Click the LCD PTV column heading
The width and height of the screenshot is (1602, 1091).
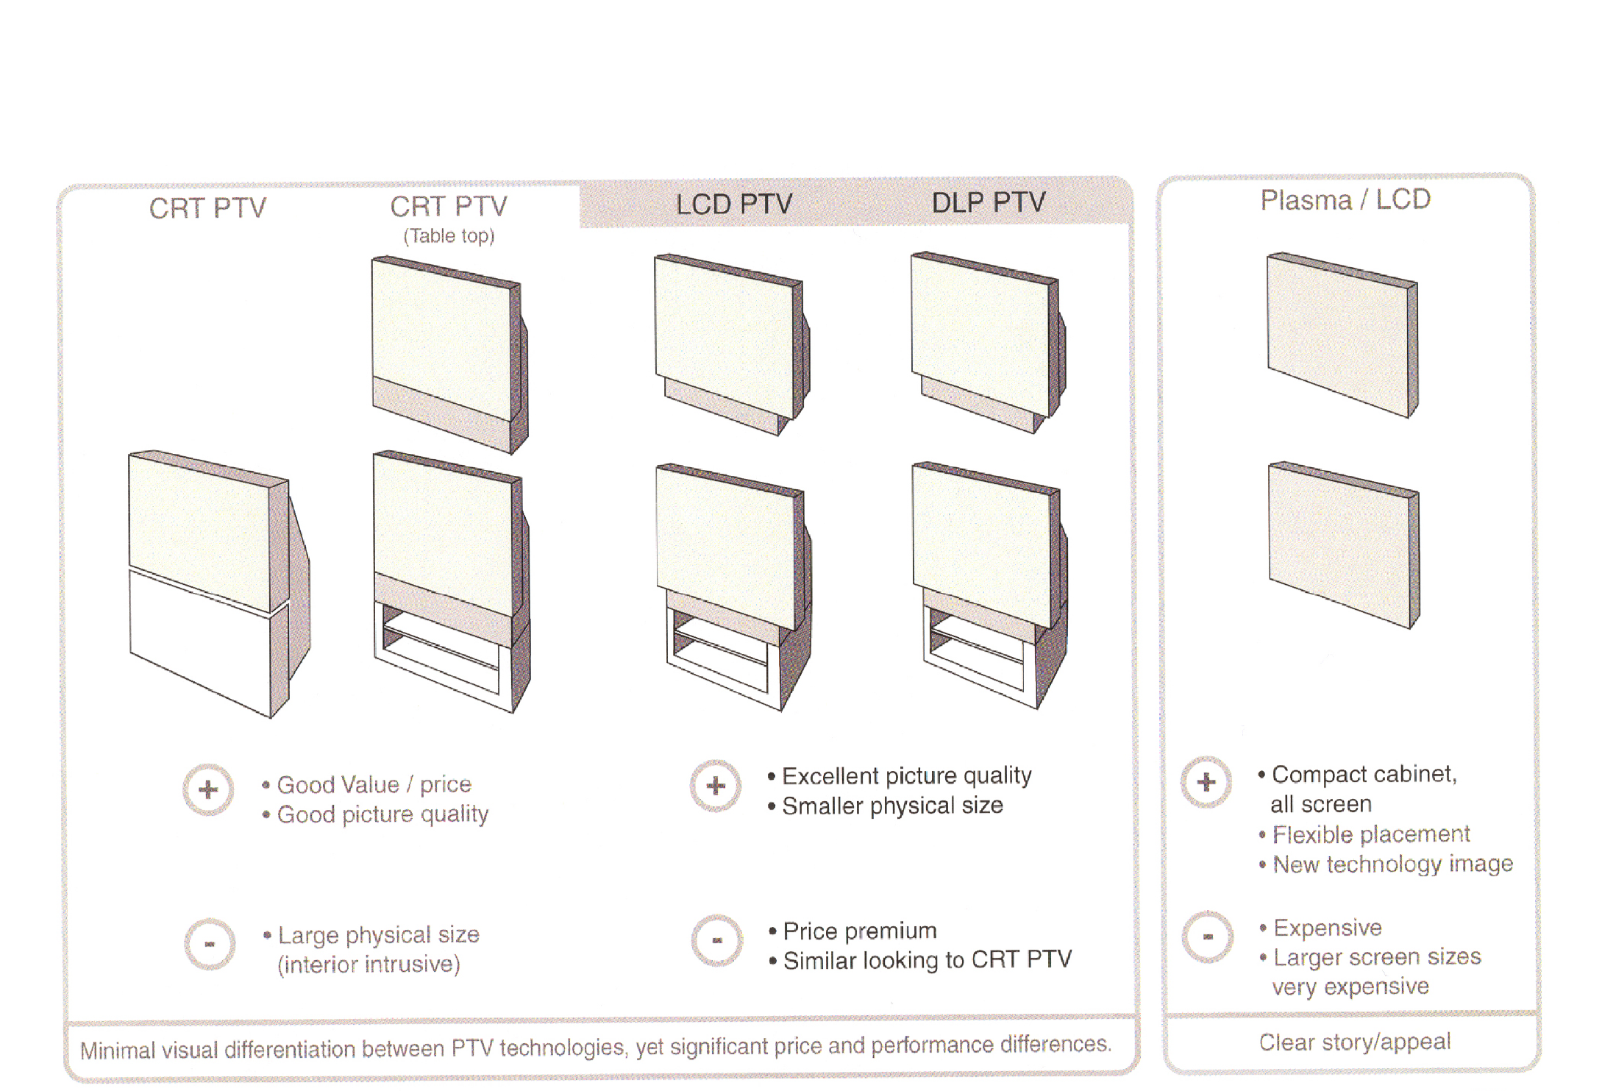tap(733, 204)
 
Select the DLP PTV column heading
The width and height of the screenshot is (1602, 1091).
tap(988, 202)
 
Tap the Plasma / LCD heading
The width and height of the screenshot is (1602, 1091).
tap(1345, 199)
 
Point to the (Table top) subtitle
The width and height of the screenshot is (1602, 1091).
tap(449, 236)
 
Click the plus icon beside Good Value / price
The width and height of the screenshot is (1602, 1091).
tap(208, 789)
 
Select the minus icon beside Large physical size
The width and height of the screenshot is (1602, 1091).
tap(210, 944)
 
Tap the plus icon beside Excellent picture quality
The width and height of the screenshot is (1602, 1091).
tap(715, 786)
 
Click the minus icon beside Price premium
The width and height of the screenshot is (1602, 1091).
tap(716, 940)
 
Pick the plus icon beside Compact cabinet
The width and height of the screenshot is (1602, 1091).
tap(1206, 782)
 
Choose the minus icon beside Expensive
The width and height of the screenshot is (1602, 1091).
tap(1207, 937)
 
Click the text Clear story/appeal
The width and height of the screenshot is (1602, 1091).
tap(1354, 1042)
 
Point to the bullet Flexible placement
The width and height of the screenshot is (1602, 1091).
tap(1370, 834)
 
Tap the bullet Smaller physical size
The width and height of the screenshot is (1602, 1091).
tap(891, 806)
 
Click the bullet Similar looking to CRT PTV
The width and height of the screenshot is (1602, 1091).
tap(927, 960)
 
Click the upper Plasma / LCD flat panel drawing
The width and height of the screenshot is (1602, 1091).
tap(1342, 335)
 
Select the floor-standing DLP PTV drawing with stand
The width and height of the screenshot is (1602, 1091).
tap(989, 585)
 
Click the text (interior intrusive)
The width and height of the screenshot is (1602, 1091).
tap(369, 964)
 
